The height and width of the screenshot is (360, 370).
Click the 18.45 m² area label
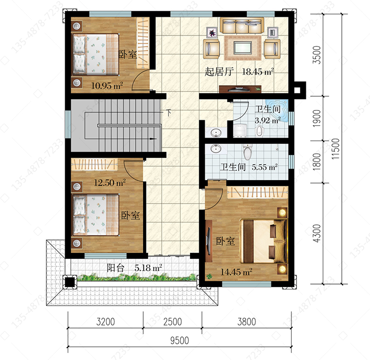[x=258, y=72]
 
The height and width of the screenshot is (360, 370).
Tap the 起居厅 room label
[x=219, y=72]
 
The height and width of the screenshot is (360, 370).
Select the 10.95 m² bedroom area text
[x=107, y=85]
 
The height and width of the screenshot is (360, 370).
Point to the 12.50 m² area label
[x=110, y=182]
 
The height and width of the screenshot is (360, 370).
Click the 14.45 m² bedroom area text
[x=236, y=272]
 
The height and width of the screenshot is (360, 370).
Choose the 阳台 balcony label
[x=115, y=268]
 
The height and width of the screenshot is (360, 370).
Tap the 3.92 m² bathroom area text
[x=267, y=120]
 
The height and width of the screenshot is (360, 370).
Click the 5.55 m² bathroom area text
[x=264, y=167]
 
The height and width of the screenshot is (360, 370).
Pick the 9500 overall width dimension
[x=180, y=340]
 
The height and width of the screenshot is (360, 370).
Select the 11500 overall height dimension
[x=335, y=148]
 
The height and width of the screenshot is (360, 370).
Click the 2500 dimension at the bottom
[x=173, y=322]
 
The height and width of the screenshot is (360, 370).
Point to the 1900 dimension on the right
[x=317, y=118]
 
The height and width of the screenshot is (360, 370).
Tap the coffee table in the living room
[x=243, y=48]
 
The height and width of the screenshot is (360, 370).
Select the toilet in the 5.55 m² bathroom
[x=247, y=152]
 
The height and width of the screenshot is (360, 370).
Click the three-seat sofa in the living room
[x=242, y=26]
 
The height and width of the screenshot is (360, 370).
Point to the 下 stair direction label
[x=168, y=113]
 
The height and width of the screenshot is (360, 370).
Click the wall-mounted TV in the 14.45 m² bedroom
[x=208, y=241]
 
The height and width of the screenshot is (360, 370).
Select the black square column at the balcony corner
[x=70, y=282]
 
